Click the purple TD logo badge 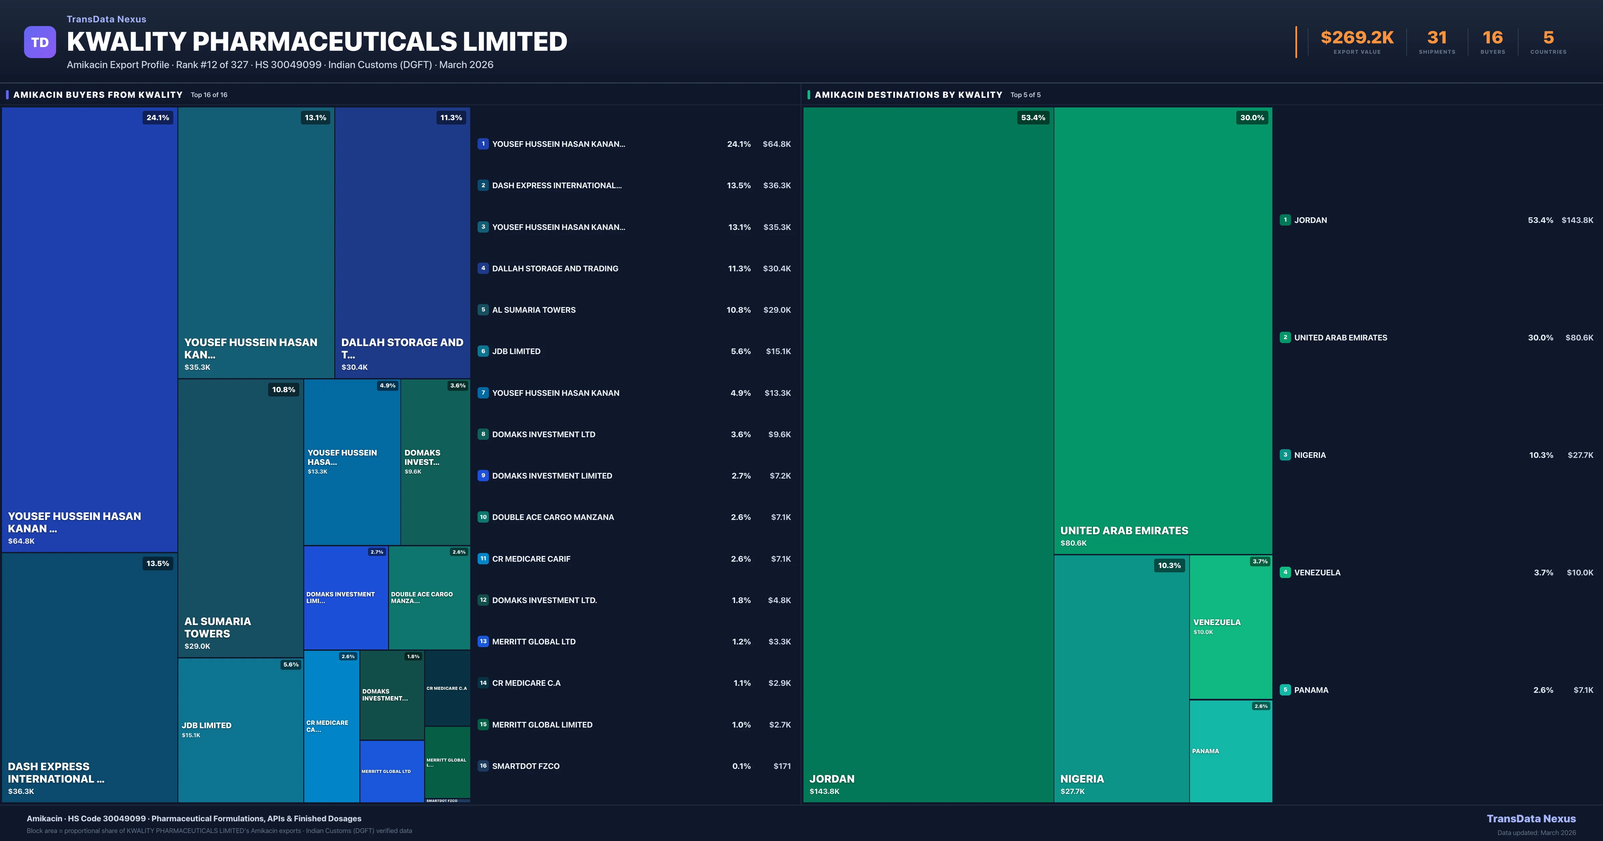[x=40, y=42]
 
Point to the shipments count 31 [x=1436, y=38]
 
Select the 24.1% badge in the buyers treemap [x=157, y=117]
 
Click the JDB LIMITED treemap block [x=240, y=730]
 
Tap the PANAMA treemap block [x=1230, y=751]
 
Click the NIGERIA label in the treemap [x=1082, y=779]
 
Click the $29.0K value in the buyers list [x=776, y=310]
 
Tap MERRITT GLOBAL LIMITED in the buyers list [x=542, y=725]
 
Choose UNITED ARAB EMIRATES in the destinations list [x=1341, y=338]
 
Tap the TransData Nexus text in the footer [x=1531, y=819]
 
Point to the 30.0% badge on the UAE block [x=1251, y=117]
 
